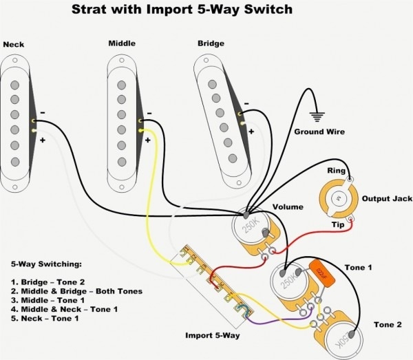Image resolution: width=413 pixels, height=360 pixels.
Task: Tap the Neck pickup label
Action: point(14,45)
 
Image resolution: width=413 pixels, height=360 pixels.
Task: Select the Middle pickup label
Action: point(121,44)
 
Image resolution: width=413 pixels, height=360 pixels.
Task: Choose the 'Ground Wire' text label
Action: point(320,131)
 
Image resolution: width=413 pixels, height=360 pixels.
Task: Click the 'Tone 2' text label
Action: point(388,324)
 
